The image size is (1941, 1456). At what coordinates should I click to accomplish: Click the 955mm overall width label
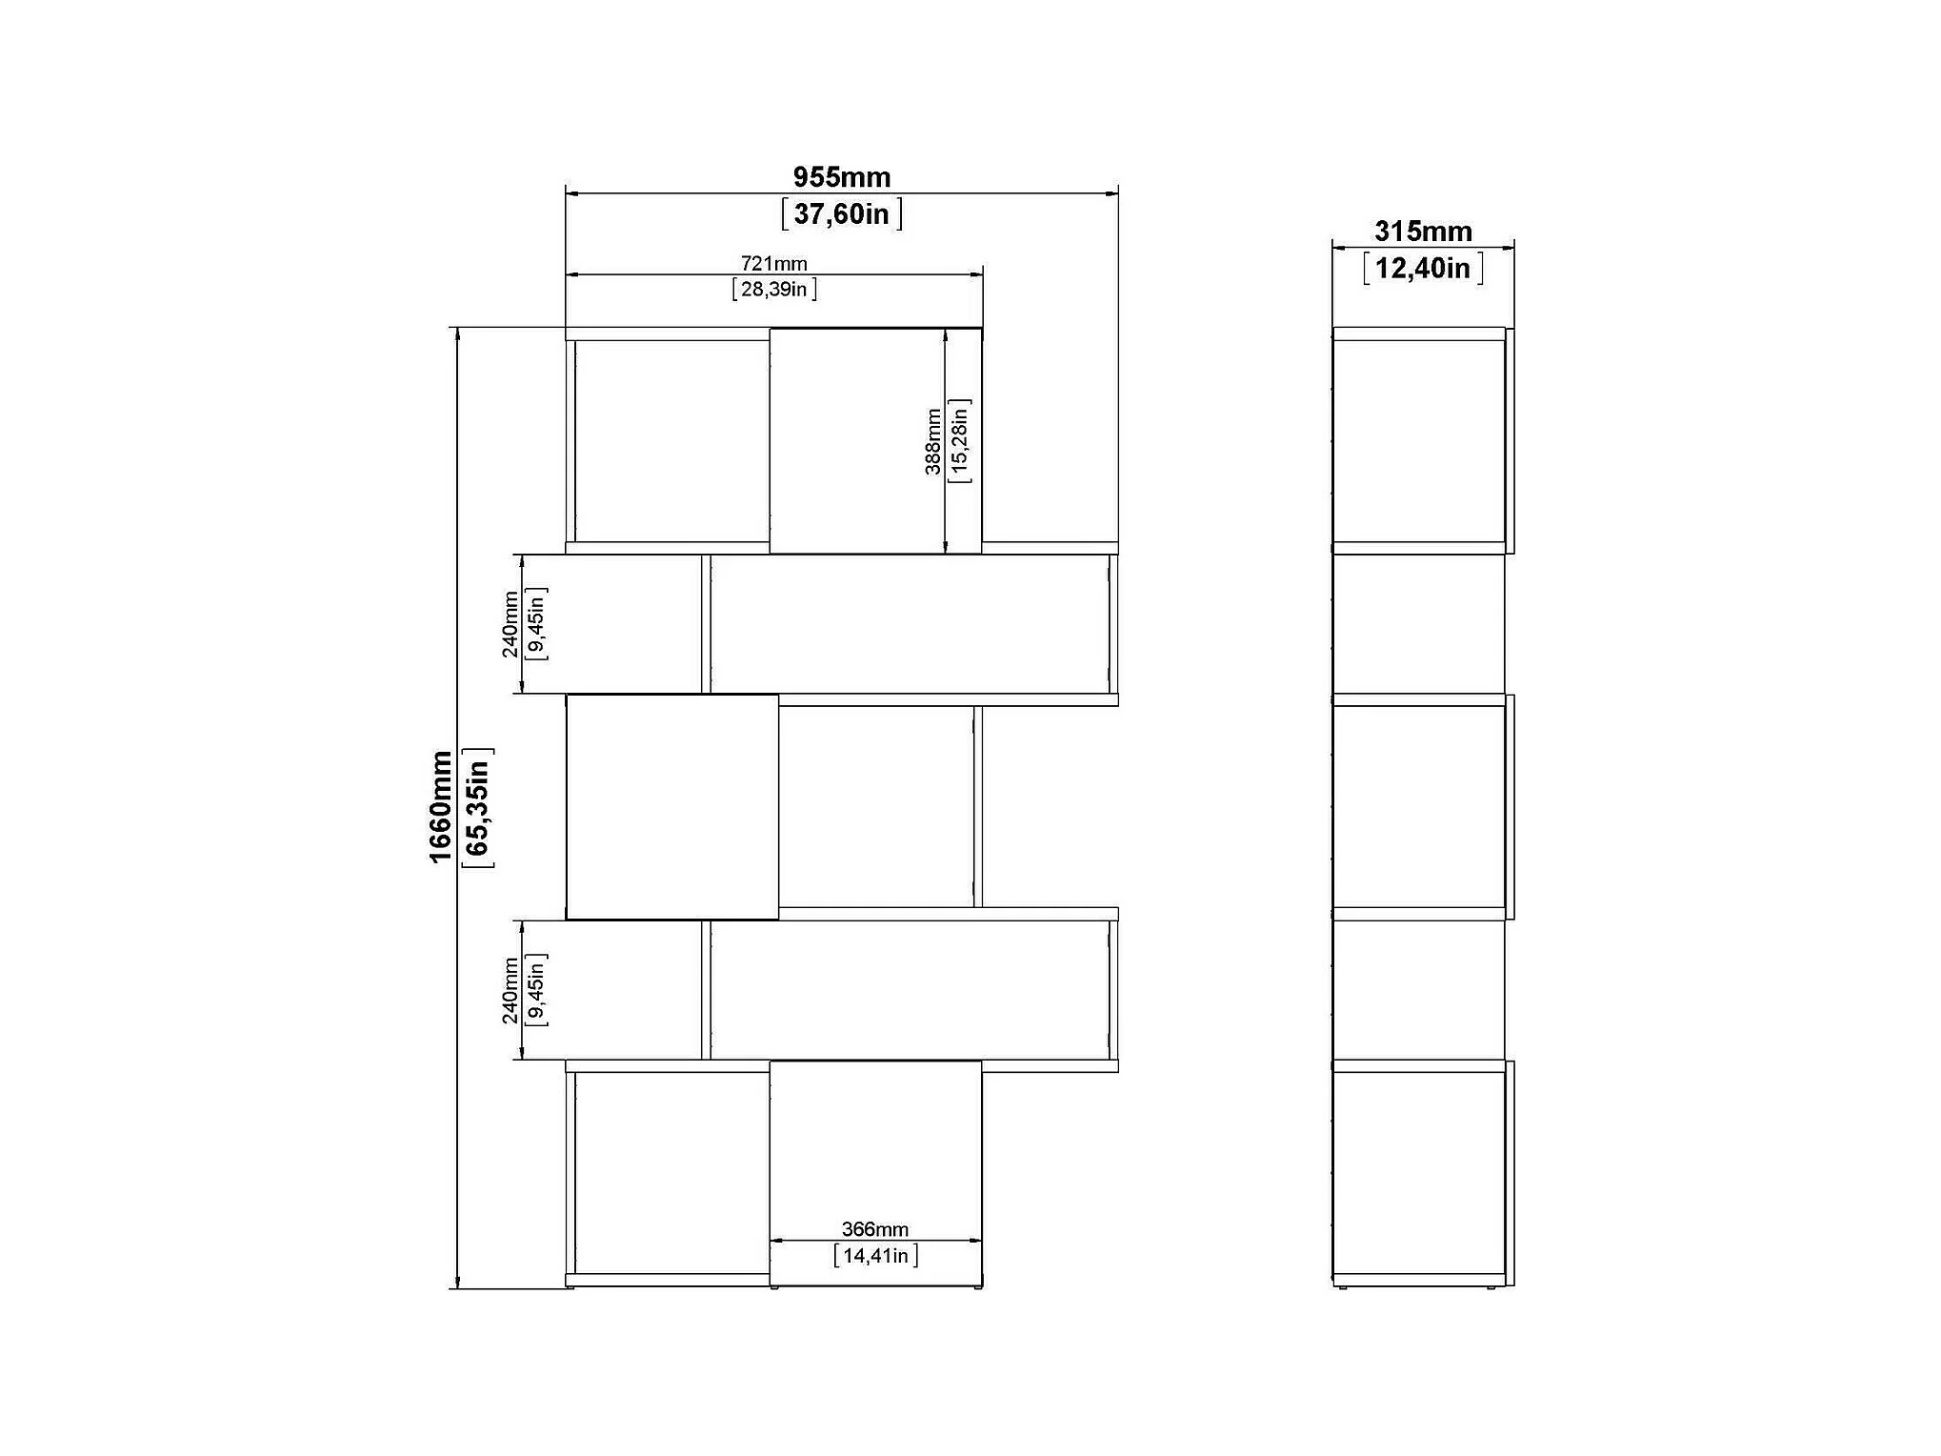[842, 177]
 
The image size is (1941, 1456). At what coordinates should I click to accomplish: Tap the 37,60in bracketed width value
[842, 213]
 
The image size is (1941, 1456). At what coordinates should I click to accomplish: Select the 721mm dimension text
[774, 263]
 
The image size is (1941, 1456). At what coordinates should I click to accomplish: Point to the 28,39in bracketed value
[774, 289]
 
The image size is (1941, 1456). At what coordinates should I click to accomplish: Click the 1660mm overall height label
[440, 807]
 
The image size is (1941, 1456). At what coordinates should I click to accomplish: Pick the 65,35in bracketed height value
[477, 808]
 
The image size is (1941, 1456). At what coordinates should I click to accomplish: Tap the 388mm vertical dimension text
[933, 441]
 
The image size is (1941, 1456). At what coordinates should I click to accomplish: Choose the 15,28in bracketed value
[959, 441]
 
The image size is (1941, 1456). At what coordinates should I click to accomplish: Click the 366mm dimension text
[875, 1229]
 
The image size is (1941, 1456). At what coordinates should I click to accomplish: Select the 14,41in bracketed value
[875, 1255]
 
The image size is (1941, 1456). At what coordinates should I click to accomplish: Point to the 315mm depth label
[1423, 232]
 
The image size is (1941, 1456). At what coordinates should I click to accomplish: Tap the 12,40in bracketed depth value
[1423, 268]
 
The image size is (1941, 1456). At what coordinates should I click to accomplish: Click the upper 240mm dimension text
[510, 624]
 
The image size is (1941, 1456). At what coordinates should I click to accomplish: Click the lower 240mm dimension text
[510, 991]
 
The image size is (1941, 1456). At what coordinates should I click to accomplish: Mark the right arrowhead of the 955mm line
[1111, 193]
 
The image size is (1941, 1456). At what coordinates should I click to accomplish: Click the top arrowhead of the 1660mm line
[458, 334]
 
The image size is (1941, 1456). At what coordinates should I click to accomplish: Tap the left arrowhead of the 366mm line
[776, 1241]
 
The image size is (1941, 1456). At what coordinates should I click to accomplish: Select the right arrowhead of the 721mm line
[976, 274]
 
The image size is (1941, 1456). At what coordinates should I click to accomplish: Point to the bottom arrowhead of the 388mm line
[946, 546]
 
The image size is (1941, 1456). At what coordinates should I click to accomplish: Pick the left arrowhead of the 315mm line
[1339, 248]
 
